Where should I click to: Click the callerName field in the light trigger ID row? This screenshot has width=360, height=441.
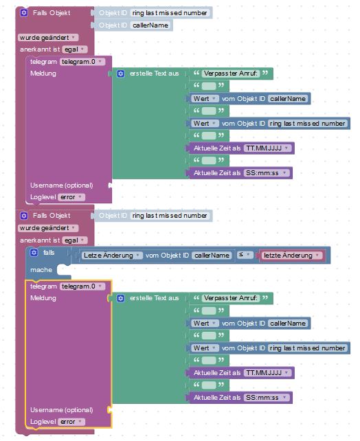pos(150,25)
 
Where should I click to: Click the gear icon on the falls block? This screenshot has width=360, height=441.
pos(34,252)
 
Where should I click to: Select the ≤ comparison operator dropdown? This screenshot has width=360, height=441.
pos(245,255)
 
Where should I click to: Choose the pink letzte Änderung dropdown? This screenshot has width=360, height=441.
pos(291,256)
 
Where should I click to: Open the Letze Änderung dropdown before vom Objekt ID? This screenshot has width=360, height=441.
pos(112,256)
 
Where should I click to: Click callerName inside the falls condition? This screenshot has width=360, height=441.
pos(212,256)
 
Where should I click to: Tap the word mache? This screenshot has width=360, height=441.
pos(41,270)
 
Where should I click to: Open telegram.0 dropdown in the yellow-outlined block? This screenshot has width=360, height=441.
pos(82,286)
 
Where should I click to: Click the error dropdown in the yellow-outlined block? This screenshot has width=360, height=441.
pos(71,422)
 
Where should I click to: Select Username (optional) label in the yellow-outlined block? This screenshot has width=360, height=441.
pos(62,410)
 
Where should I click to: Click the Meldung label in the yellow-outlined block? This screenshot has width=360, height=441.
pos(43,298)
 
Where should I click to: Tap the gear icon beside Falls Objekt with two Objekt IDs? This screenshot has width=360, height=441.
pos(24,12)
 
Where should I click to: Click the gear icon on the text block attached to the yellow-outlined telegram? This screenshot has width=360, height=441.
pos(121,298)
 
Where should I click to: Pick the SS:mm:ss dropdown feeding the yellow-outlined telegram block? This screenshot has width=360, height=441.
pos(267,398)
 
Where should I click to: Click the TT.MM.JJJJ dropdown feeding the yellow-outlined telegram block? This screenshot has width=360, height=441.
pos(267,373)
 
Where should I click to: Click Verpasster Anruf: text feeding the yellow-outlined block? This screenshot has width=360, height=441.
pos(231,298)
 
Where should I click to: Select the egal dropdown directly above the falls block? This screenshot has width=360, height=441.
pos(75,240)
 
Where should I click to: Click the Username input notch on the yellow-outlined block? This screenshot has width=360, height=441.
pos(110,410)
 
